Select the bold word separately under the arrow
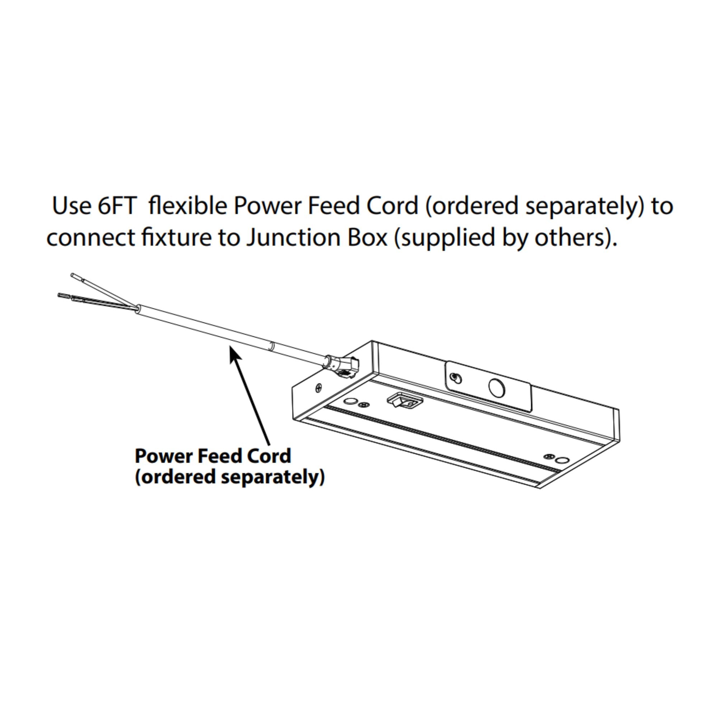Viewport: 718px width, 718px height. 273,477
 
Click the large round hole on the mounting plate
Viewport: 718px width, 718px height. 497,387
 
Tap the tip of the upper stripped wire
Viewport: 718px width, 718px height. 73,275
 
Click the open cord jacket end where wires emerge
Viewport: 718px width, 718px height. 138,318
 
